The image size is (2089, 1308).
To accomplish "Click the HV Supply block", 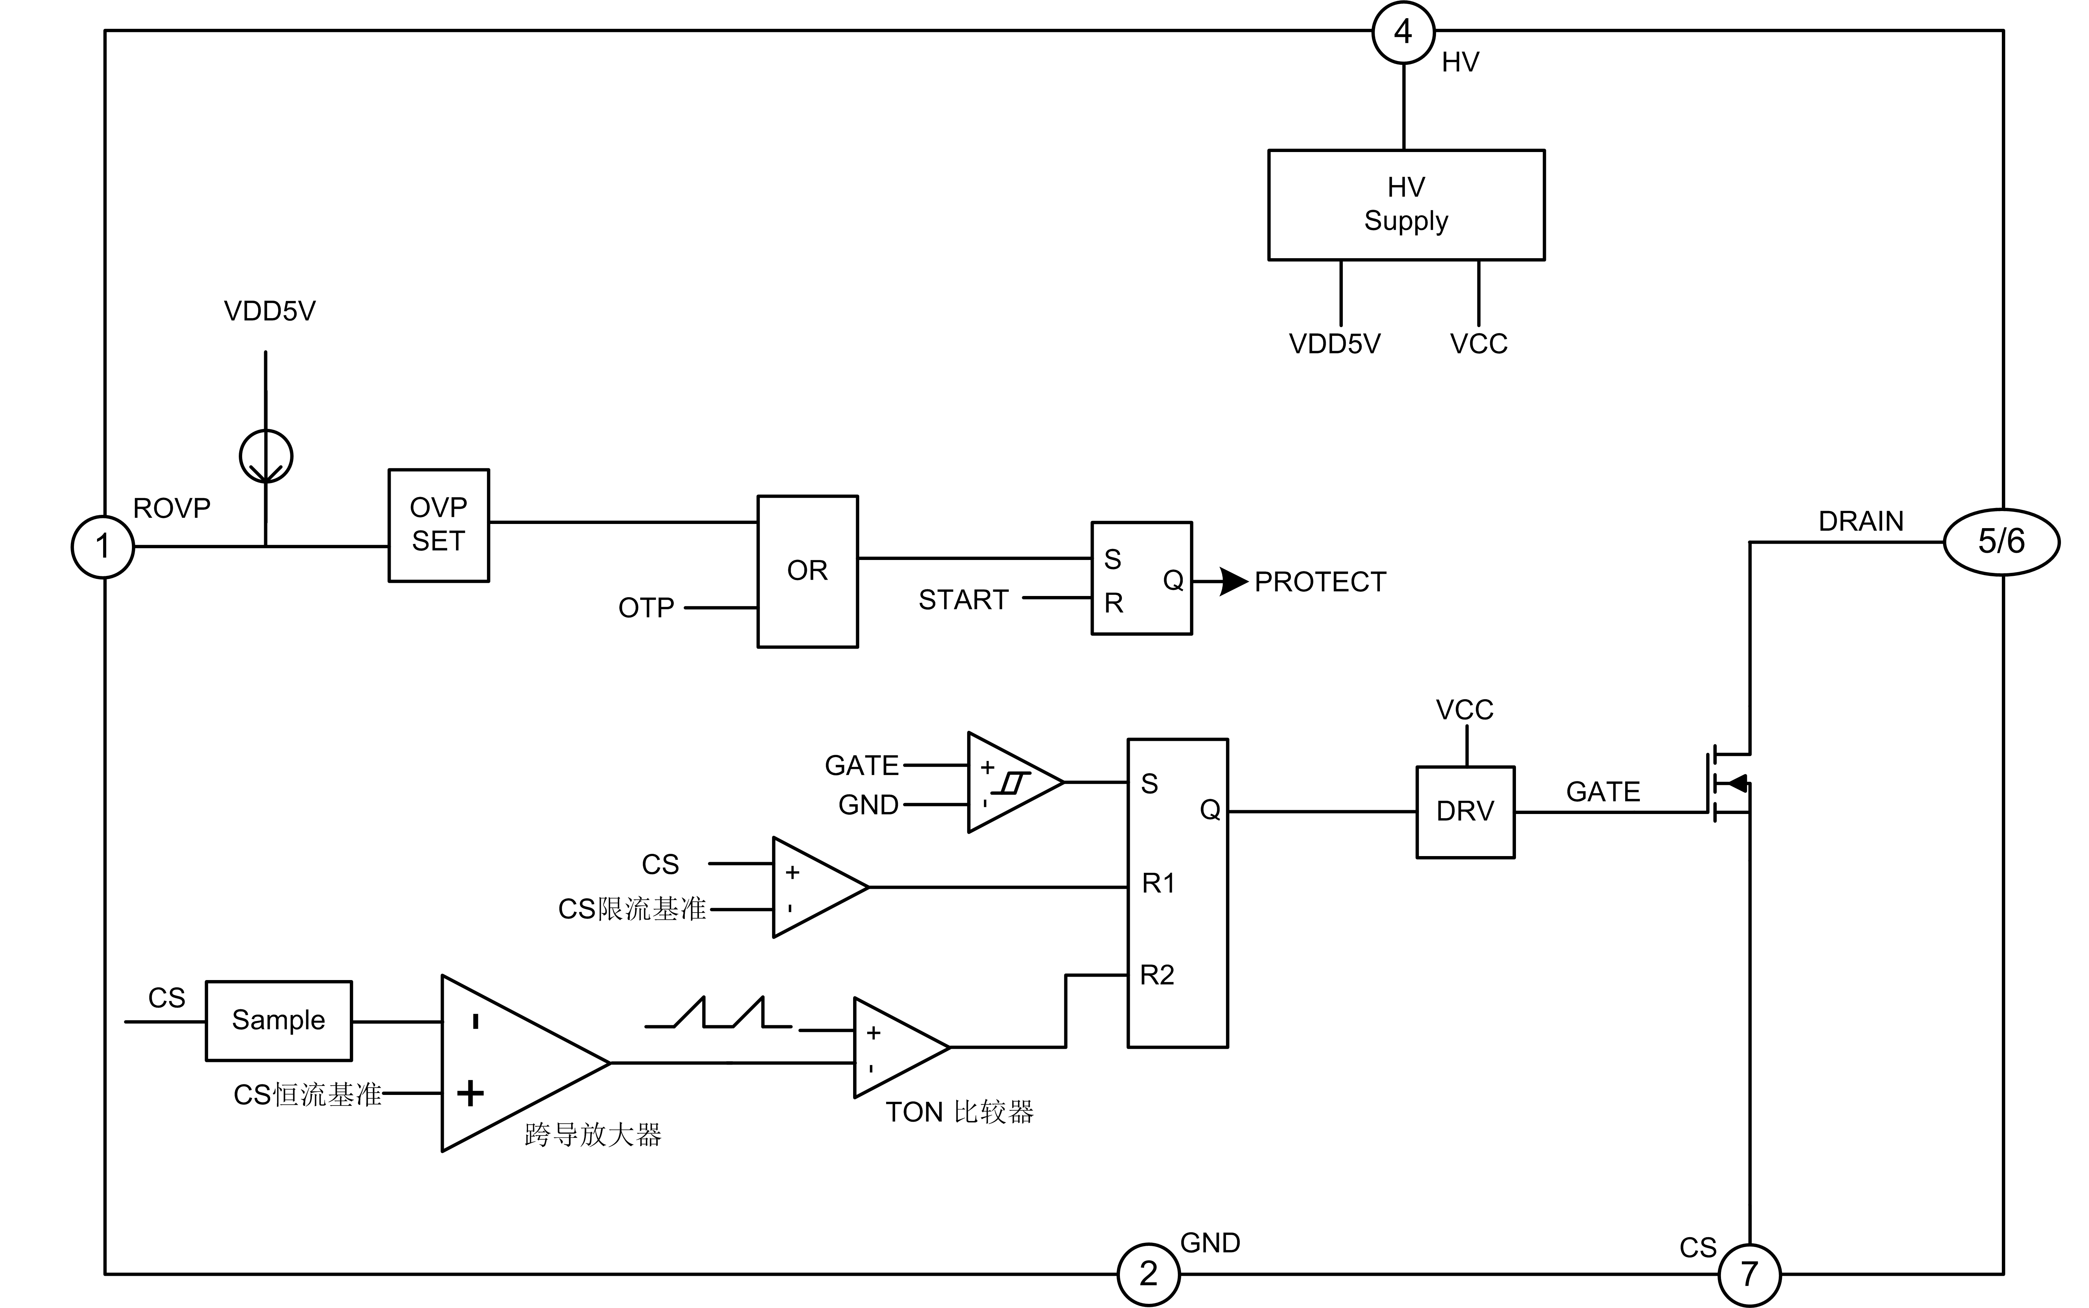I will click(x=1406, y=205).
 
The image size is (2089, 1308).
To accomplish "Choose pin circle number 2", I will click(x=1148, y=1273).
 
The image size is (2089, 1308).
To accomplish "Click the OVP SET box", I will click(x=438, y=525).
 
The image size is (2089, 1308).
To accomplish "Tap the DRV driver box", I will click(x=1465, y=811).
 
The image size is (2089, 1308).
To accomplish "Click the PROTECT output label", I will click(x=1320, y=582).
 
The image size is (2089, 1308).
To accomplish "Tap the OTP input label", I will click(x=646, y=608).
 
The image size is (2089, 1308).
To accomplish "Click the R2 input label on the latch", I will click(x=1157, y=975).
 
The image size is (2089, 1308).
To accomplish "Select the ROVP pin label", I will click(x=171, y=508).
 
